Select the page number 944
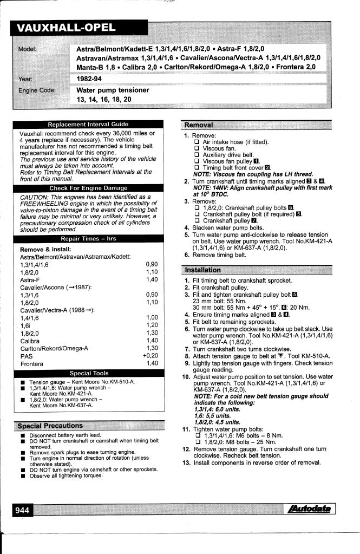point(23,509)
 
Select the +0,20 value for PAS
point(150,356)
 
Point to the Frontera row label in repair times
point(33,363)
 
